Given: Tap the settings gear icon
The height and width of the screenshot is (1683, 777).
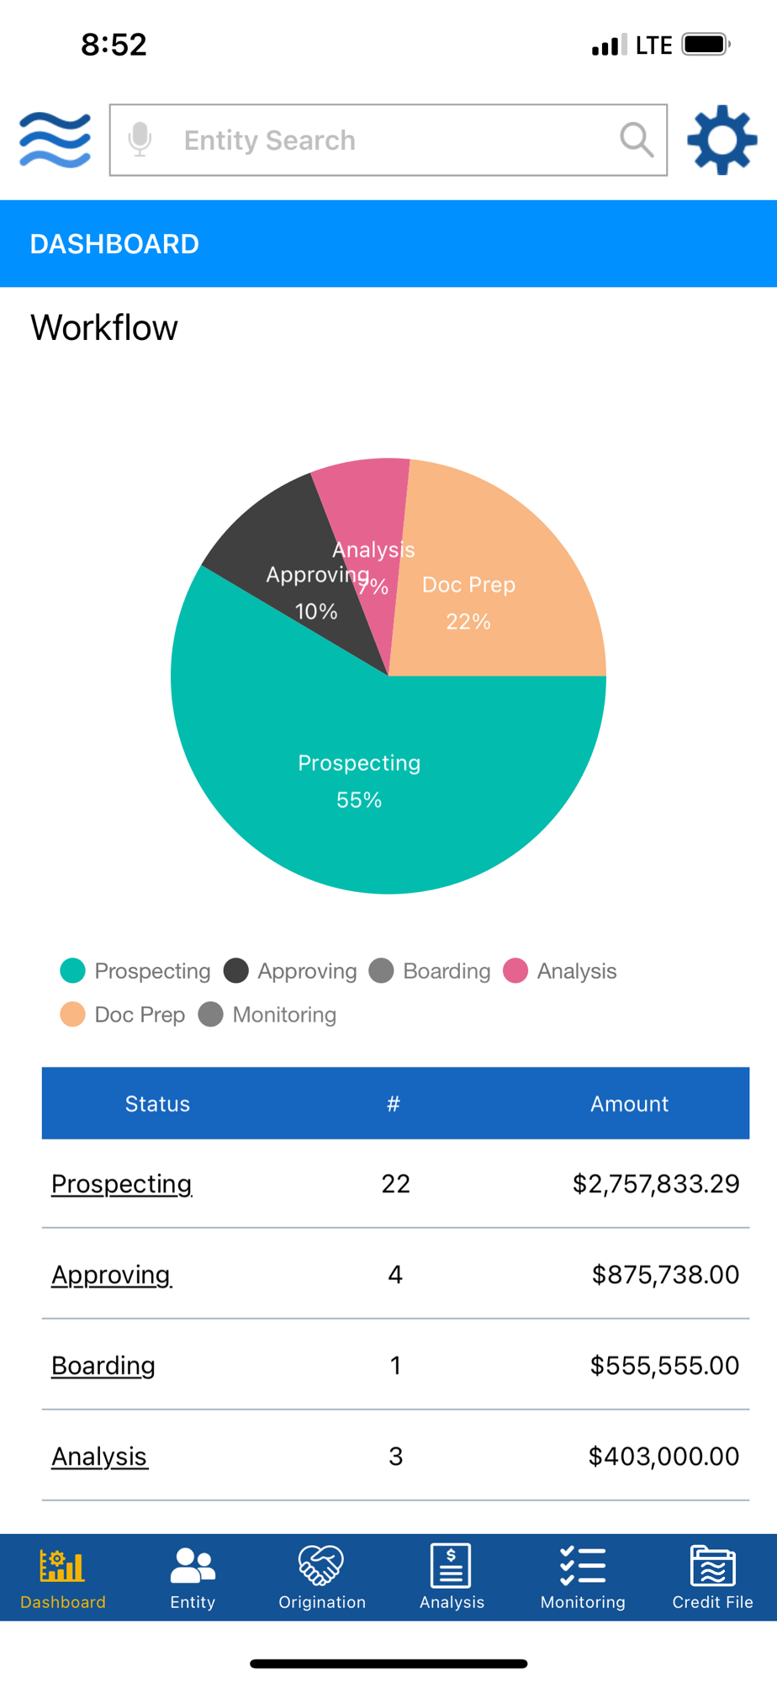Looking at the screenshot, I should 721,140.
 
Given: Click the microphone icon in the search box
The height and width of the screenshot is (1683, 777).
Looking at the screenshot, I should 140,140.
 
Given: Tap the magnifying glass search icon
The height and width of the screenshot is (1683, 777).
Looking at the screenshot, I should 637,140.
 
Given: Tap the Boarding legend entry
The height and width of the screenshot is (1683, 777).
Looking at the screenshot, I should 431,971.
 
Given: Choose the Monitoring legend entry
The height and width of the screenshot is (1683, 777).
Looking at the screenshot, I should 268,1015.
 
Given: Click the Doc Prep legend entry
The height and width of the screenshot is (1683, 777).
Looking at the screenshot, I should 124,1015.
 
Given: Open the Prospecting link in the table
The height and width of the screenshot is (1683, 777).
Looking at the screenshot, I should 122,1184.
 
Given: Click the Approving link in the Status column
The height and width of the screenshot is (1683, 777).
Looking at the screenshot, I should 111,1275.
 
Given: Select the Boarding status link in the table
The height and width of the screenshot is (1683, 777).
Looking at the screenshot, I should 103,1366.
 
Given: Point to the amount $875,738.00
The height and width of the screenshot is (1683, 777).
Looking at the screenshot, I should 665,1275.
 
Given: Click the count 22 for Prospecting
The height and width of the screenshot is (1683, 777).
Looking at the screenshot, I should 395,1184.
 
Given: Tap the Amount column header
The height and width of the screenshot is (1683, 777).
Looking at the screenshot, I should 629,1104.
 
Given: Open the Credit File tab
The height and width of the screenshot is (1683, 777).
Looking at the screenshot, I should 712,1577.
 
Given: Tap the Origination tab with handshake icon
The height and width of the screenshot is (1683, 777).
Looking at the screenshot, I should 322,1577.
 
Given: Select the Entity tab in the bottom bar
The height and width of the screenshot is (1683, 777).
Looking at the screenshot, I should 193,1577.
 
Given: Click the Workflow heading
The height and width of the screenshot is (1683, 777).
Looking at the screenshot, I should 104,328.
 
